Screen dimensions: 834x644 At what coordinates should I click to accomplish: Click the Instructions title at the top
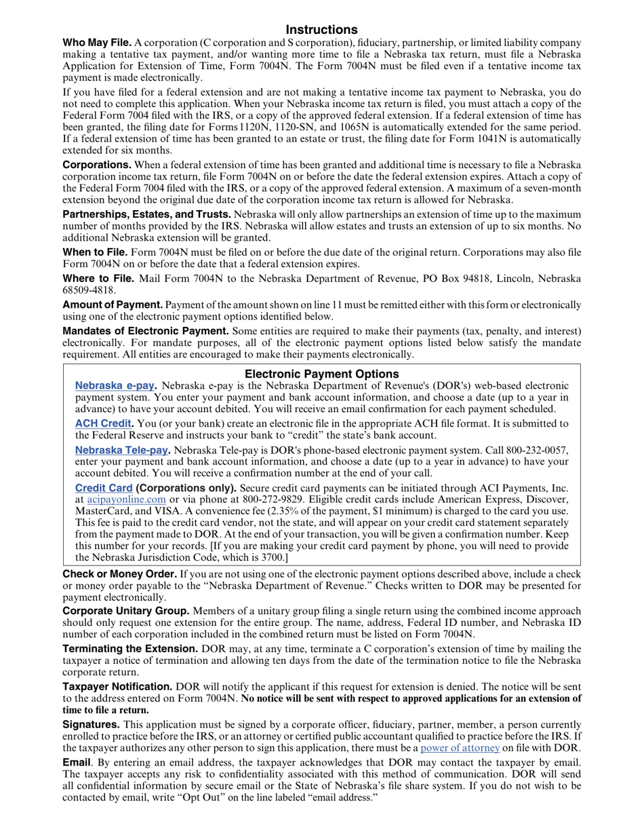[321, 30]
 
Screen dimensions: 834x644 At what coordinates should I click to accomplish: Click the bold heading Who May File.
[97, 43]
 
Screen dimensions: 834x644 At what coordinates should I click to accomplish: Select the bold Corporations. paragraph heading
[97, 165]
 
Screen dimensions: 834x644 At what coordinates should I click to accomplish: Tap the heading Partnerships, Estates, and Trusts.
[146, 214]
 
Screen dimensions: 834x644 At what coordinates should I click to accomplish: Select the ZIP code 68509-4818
[84, 290]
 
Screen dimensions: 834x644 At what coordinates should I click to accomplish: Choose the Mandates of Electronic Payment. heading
[146, 331]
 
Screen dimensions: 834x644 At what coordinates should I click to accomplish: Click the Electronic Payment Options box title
[321, 374]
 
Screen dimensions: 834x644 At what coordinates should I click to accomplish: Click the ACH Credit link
[102, 424]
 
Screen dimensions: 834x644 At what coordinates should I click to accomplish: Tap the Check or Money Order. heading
[119, 574]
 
